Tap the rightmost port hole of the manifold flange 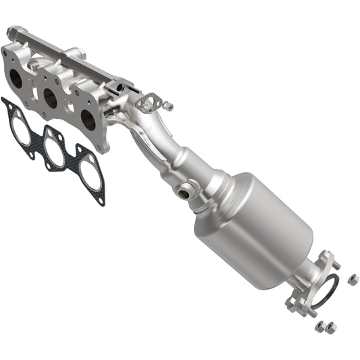pyautogui.click(x=88, y=120)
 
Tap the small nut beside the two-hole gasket pyautogui.click(x=168, y=107)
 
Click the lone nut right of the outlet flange pyautogui.click(x=353, y=278)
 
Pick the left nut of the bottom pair pyautogui.click(x=320, y=327)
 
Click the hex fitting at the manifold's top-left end pyautogui.click(x=13, y=32)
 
